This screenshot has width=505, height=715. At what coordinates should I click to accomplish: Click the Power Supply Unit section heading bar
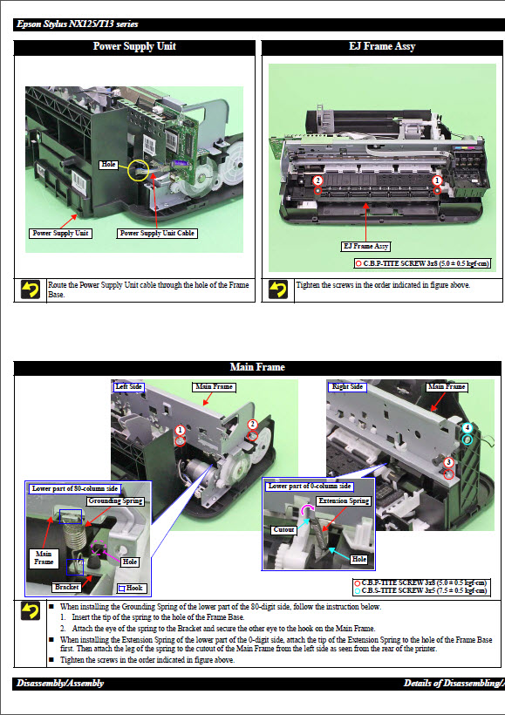pos(134,46)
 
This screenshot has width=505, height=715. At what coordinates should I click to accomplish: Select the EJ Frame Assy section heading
pos(382,46)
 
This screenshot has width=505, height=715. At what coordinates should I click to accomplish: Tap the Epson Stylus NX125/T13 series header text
pos(77,24)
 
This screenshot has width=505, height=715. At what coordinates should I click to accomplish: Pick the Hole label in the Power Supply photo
pos(109,164)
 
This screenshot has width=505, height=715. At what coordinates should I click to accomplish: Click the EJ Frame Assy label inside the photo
pos(365,247)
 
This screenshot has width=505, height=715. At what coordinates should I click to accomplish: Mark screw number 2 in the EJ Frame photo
pos(318,181)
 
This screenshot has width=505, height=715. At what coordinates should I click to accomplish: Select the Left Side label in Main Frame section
pos(129,386)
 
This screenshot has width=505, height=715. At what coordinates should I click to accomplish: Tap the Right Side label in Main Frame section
pos(347,386)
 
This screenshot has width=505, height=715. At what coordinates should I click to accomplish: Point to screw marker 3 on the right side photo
pos(448,462)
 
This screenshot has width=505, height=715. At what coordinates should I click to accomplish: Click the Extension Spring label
pos(344,501)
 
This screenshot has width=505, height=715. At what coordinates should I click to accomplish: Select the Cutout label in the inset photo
pos(283,529)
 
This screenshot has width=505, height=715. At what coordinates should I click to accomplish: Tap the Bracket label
pos(66,587)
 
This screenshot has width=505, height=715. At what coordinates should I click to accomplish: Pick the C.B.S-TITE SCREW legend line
pos(422,591)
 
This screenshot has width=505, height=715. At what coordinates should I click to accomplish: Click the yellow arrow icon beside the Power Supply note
pos(31,289)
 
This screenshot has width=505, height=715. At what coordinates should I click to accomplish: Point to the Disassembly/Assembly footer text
pos(59,683)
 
